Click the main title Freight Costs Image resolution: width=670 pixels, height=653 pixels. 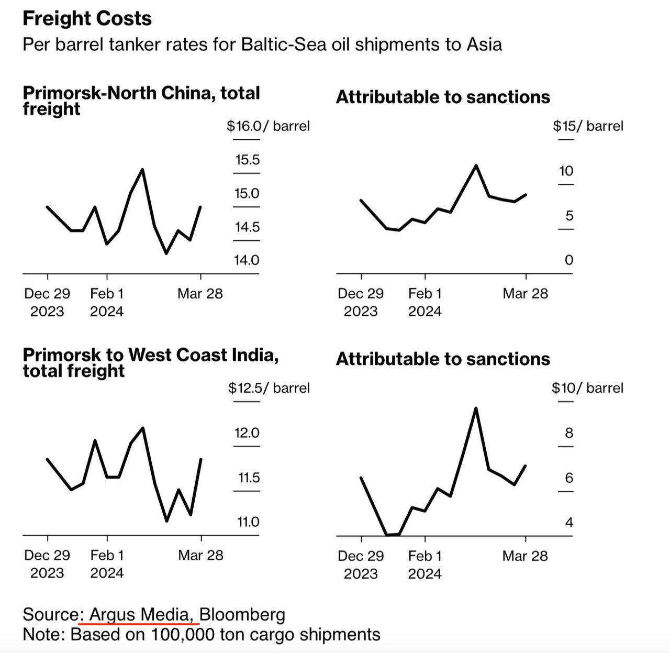point(87,19)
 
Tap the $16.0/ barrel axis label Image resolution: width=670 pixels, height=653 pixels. point(268,126)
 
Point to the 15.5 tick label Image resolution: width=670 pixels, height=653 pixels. point(247,160)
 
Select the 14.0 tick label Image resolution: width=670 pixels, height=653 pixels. point(247,260)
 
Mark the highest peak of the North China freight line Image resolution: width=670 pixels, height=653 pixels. point(143,169)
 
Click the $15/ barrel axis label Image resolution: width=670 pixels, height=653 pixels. point(588,126)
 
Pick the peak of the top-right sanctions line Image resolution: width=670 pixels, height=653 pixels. point(476,165)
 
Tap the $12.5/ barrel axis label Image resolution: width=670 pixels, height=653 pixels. point(269,388)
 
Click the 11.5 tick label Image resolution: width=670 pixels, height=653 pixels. point(249,478)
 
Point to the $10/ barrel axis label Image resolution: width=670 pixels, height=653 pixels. point(587,388)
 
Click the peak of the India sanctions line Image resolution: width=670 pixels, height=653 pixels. point(476,408)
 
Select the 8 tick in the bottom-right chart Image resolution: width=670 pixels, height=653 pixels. point(569,433)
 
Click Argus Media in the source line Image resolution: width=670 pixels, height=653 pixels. point(144,614)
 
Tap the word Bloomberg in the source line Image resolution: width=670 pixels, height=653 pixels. point(242,614)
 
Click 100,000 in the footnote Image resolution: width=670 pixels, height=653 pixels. point(183,635)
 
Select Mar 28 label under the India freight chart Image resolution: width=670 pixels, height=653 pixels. point(200,555)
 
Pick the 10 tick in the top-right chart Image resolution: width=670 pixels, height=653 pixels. point(566,171)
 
